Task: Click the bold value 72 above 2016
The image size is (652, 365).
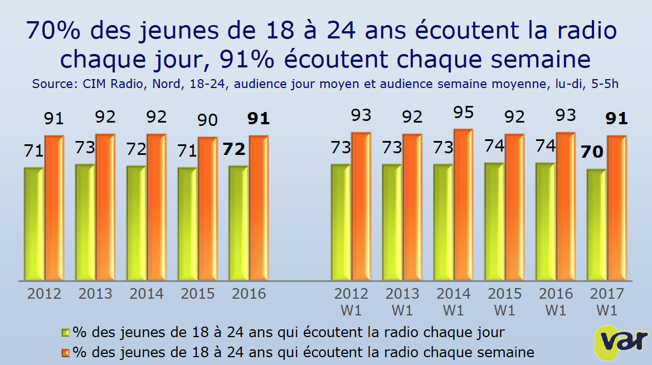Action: coord(234,149)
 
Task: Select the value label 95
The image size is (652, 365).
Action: coord(463,113)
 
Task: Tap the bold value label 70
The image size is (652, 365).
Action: coord(592,152)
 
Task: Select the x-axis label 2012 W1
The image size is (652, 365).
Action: coord(351,301)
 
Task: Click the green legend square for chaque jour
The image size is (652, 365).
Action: coord(66,333)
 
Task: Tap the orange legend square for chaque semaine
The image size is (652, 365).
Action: coord(66,352)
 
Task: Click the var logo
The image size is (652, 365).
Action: coord(621,340)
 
